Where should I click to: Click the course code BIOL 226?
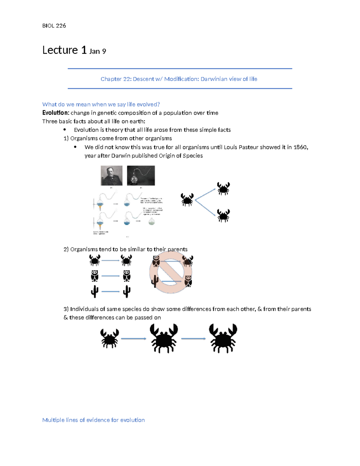(x=54, y=26)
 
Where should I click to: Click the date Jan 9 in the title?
(x=97, y=51)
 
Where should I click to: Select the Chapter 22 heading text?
(x=179, y=79)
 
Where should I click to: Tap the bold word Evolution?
(x=56, y=113)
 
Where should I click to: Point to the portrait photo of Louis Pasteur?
(x=112, y=176)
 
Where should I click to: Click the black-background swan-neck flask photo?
(x=141, y=176)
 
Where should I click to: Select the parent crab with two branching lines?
(x=187, y=200)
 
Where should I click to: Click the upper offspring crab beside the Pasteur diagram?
(x=223, y=189)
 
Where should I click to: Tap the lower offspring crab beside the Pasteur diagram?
(x=223, y=216)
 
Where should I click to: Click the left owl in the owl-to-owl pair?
(x=95, y=276)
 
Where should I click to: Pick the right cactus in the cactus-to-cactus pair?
(x=127, y=291)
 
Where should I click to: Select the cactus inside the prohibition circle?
(x=155, y=281)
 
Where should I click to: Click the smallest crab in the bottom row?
(x=109, y=338)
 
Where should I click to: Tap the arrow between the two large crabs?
(x=193, y=339)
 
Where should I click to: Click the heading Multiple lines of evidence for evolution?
(x=93, y=420)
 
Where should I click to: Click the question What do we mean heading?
(x=101, y=104)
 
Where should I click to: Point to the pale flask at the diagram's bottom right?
(x=152, y=221)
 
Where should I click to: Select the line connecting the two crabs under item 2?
(x=110, y=260)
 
